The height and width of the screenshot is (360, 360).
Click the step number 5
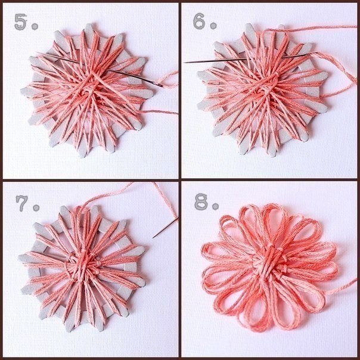pos(20,22)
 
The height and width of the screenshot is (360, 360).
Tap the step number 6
pos(199,21)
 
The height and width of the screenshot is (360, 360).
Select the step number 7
pos(21,203)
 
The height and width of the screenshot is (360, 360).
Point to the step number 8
pos(201,202)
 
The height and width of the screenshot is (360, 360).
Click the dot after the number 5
pos(35,27)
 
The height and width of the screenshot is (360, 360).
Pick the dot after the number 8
pos(215,207)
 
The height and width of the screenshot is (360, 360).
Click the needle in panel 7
pos(165,228)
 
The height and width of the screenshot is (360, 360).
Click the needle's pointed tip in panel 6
pos(184,62)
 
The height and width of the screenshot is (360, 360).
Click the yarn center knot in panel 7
pos(83,264)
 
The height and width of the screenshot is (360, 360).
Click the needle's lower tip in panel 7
pos(153,238)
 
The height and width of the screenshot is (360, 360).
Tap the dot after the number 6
pos(213,26)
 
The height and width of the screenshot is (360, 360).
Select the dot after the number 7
pos(36,208)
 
